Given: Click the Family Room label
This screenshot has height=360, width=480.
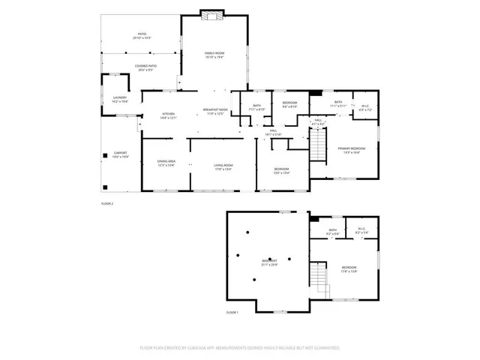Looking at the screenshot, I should point(215,54).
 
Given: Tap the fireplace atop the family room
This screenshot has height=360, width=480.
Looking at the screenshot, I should point(211,13).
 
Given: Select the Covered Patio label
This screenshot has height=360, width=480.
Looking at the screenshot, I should point(145,67).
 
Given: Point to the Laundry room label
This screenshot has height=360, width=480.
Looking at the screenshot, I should point(120,98).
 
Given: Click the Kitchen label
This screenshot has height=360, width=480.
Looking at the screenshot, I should point(169,115).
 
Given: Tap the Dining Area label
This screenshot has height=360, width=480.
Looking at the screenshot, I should point(166,163).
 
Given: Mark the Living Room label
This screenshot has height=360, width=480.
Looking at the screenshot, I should point(223,166).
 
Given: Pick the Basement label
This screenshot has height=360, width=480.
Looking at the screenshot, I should point(269,262).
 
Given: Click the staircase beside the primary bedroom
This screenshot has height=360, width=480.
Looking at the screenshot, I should point(320,144).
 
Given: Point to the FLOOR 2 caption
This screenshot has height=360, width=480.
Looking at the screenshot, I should point(106,203).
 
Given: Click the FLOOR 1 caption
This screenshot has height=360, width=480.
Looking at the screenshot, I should point(232,312).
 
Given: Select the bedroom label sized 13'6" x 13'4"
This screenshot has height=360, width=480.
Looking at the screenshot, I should point(281,171).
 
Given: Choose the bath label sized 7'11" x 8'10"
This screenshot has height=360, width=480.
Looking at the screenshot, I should point(257,107).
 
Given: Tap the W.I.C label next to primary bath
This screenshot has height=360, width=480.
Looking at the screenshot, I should point(364,107).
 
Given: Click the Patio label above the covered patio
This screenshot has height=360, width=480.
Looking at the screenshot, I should point(142,35).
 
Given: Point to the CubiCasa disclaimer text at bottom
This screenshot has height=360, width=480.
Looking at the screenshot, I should point(240,348).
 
